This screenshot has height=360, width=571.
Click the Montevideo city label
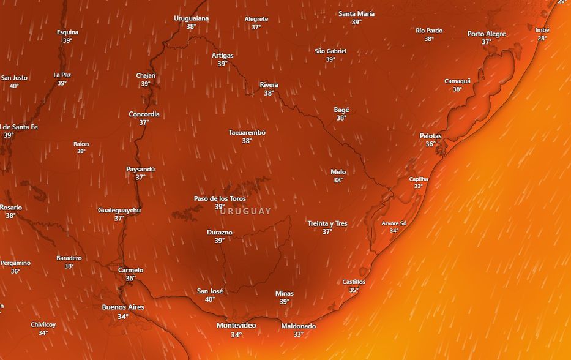click(236, 325)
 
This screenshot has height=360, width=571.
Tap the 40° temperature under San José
click(210, 299)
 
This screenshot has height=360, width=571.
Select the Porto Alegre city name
click(487, 34)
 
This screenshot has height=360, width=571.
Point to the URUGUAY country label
click(245, 211)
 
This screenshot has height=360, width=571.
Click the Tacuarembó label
click(247, 132)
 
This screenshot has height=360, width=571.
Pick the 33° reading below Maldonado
click(298, 334)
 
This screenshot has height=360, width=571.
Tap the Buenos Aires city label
click(123, 307)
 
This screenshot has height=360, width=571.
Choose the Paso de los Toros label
click(220, 198)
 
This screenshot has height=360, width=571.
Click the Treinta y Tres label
click(327, 223)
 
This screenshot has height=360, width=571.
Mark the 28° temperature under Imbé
click(542, 38)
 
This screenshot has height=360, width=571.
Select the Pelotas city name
click(430, 136)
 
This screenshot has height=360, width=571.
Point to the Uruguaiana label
click(191, 18)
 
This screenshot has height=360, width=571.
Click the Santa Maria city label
click(356, 13)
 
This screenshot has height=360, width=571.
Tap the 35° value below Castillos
click(354, 290)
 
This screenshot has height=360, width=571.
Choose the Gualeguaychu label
click(119, 210)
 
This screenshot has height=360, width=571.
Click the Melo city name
click(338, 172)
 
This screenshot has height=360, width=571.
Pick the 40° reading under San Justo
click(14, 86)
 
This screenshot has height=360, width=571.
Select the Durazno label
click(219, 233)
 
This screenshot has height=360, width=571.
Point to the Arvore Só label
click(394, 223)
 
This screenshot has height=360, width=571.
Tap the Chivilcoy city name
click(43, 324)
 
